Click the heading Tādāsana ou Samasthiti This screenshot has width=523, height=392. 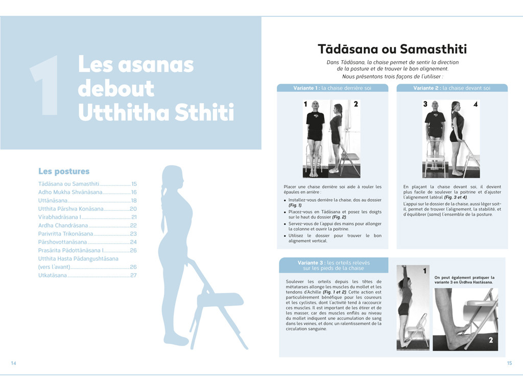pyautogui.click(x=392, y=49)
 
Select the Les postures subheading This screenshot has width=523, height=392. pyautogui.click(x=64, y=171)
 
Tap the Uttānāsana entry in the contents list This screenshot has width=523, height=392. pyautogui.click(x=53, y=201)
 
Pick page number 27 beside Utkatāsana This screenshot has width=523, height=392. pyautogui.click(x=133, y=275)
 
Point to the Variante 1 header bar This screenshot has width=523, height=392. pyautogui.click(x=332, y=88)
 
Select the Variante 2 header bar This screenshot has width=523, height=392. pyautogui.click(x=452, y=88)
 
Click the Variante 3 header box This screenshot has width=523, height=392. pyautogui.click(x=334, y=265)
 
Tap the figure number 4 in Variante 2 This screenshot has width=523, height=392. pyautogui.click(x=475, y=105)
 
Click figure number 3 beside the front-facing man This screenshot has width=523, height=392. pyautogui.click(x=425, y=104)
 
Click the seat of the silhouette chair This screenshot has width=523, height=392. pyautogui.click(x=220, y=299)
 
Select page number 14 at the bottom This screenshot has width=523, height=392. pyautogui.click(x=14, y=363)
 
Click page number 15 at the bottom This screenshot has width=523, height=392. pyautogui.click(x=509, y=363)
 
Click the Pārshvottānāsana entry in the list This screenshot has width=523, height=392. pyautogui.click(x=62, y=242)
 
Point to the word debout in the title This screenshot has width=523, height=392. pyautogui.click(x=116, y=88)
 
